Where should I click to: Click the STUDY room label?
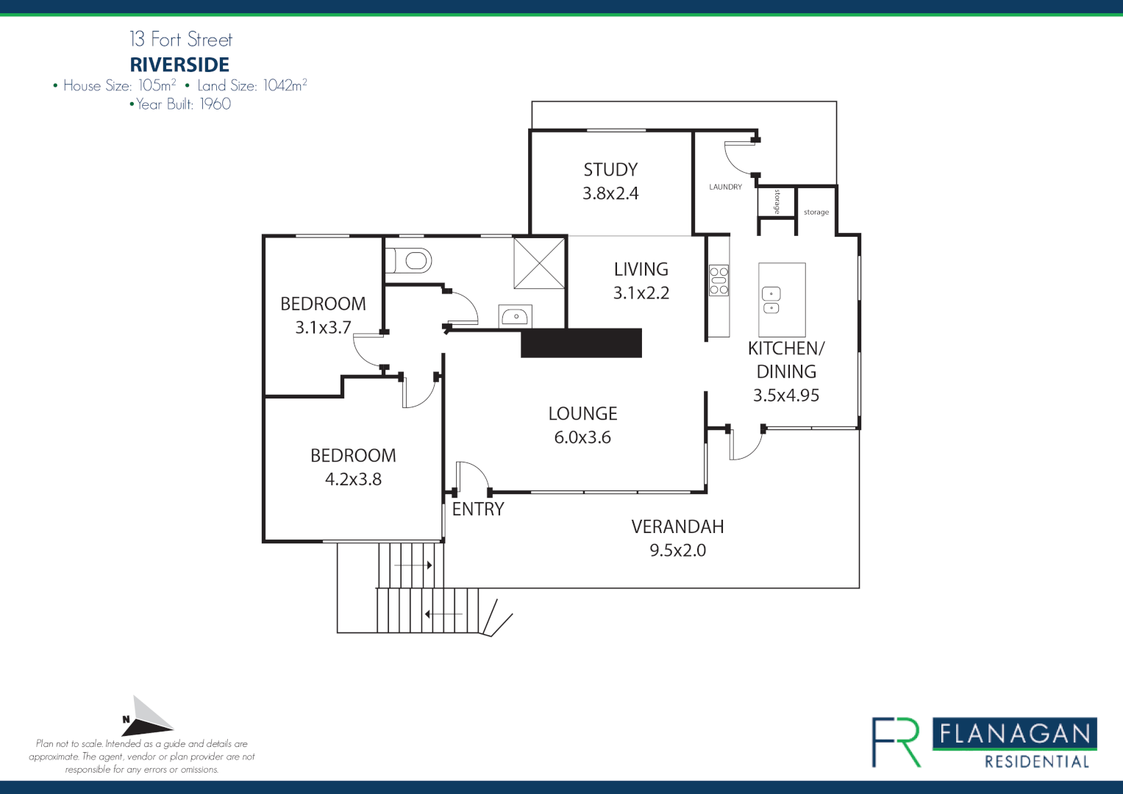610,170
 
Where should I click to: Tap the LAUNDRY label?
725,187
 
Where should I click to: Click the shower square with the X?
539,262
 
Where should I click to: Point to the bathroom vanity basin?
516,317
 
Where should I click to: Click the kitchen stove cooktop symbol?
719,281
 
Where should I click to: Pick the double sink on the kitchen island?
771,300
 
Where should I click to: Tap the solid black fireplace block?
581,343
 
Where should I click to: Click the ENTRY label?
478,509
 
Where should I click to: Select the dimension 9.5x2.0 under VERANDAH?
677,550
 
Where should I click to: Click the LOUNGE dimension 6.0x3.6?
582,437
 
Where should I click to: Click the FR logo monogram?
896,743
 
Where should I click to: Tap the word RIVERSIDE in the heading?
179,65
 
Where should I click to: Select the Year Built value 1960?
215,104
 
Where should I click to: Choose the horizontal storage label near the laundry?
816,212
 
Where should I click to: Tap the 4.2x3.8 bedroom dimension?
353,479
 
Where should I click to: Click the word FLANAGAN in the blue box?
1015,734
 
